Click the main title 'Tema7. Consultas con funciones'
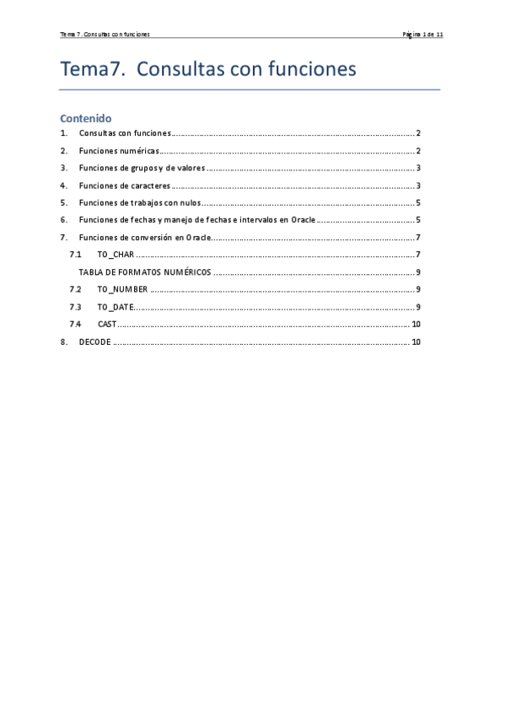coord(207,69)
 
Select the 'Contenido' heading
coord(85,118)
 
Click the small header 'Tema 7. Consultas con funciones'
coord(105,35)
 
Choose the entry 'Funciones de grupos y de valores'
coord(142,169)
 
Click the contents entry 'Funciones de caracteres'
coord(125,185)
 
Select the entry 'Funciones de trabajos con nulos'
coord(139,203)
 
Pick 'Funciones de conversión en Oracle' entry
coord(144,238)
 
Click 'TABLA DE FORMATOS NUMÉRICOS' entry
coord(145,272)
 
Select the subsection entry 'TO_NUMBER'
coord(122,290)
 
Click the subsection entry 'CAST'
coord(106,325)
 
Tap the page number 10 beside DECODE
coord(416,341)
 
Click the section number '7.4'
coord(75,325)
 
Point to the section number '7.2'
coord(75,290)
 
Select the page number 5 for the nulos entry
coord(418,203)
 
